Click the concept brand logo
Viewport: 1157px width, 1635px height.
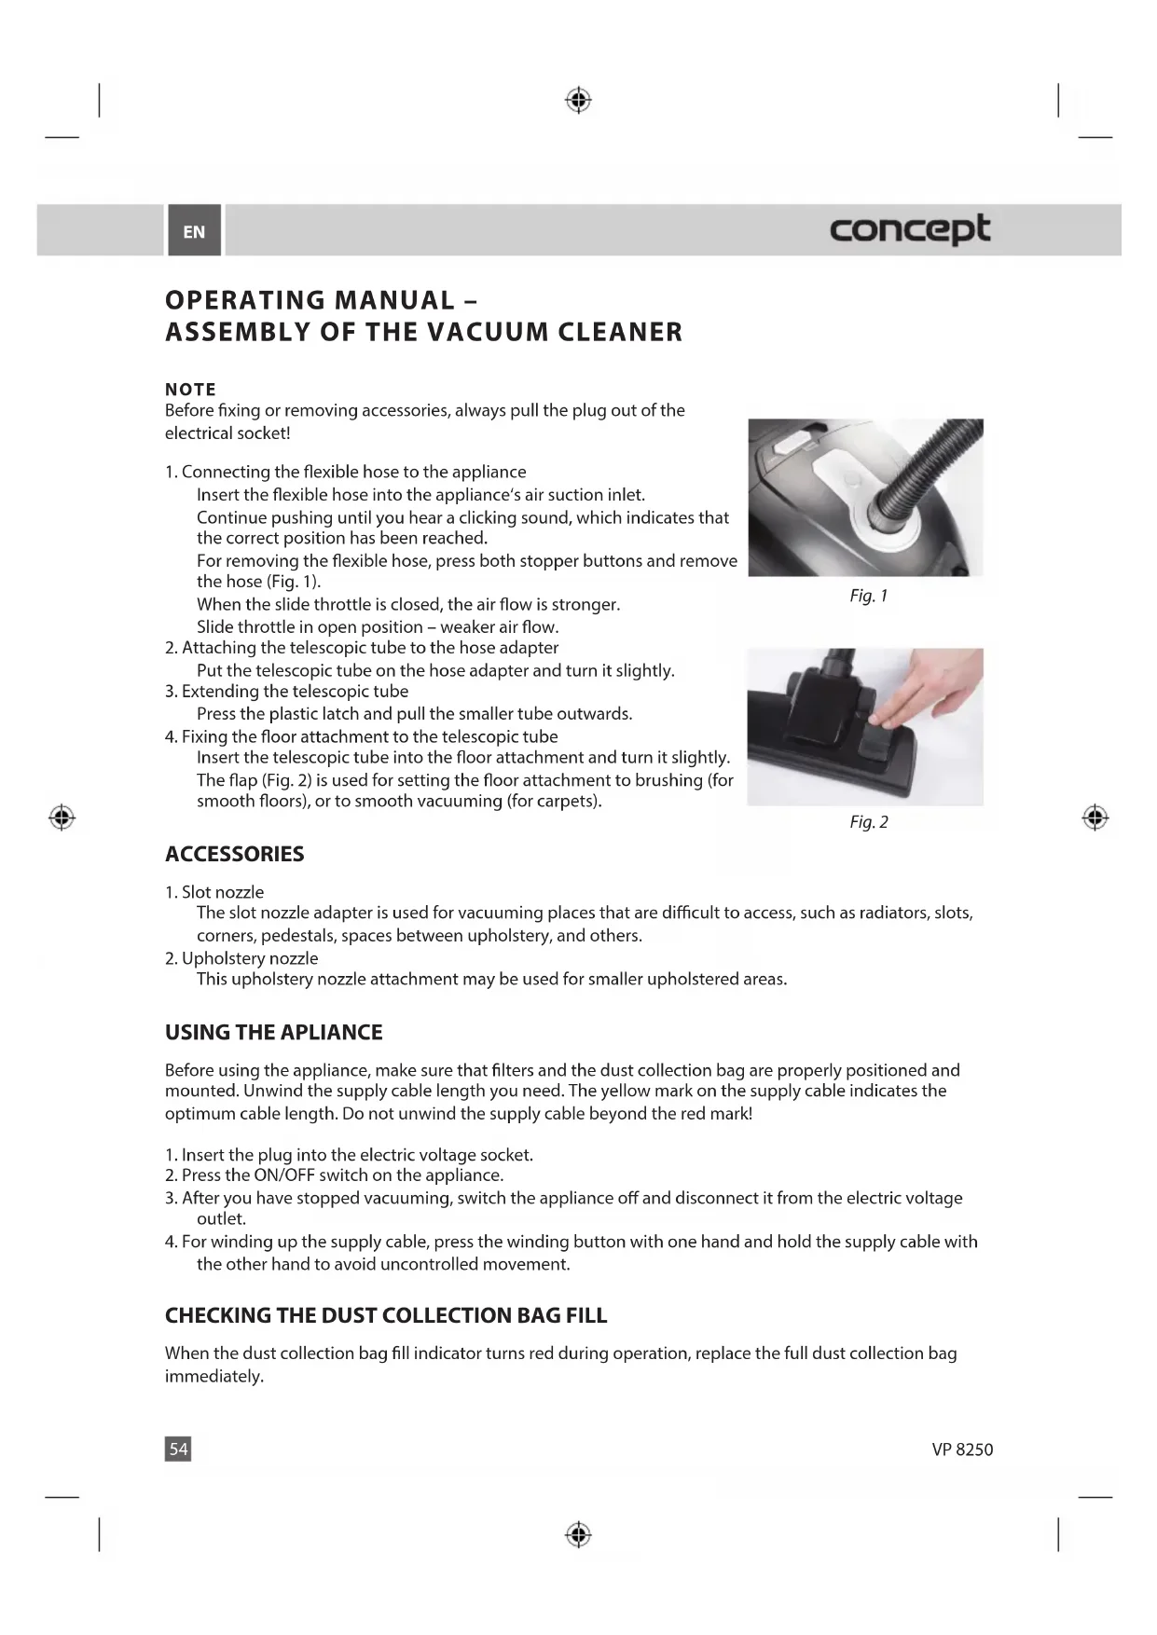tap(909, 229)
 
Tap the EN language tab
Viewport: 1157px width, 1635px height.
tap(194, 232)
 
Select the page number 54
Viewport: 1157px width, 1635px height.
tap(178, 1449)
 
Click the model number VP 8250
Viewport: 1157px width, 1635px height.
tap(962, 1450)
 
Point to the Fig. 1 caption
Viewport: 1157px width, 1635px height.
tap(868, 596)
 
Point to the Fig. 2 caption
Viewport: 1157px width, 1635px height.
tap(868, 821)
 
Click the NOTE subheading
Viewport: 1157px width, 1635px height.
tap(190, 390)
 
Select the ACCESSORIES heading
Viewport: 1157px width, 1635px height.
tap(234, 854)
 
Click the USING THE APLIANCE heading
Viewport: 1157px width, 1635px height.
tap(273, 1032)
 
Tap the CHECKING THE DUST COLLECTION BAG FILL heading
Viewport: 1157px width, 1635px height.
tap(385, 1315)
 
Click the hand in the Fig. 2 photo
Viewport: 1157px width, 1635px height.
tap(932, 694)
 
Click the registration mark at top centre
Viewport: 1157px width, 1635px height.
tap(578, 100)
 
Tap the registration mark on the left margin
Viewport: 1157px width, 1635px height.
tap(62, 817)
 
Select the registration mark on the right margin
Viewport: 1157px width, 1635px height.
tap(1095, 817)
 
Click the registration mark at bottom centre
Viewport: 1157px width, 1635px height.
tap(578, 1533)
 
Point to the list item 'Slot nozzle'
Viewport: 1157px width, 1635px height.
tap(222, 892)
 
